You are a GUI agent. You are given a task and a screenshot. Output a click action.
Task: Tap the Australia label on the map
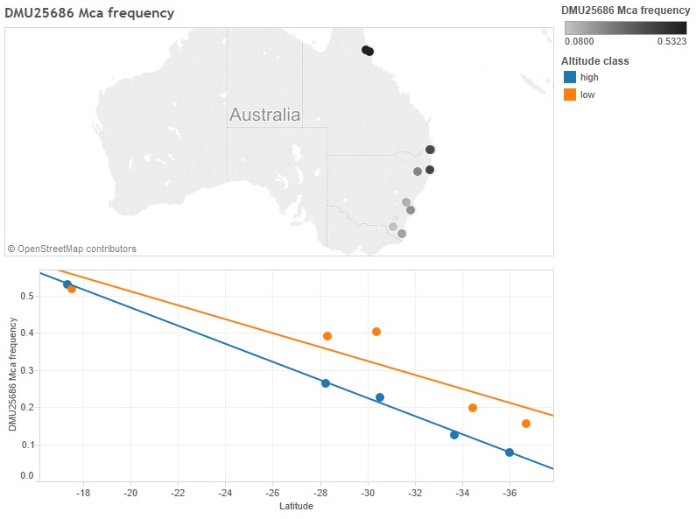(x=264, y=115)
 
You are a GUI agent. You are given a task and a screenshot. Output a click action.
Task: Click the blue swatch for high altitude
(x=569, y=78)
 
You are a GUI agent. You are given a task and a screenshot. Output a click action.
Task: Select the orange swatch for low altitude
(x=569, y=95)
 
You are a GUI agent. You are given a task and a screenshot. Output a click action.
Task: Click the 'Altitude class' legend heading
(x=595, y=61)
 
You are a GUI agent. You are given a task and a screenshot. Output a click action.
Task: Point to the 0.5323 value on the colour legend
(x=671, y=40)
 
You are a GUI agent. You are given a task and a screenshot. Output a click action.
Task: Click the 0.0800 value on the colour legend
(x=579, y=40)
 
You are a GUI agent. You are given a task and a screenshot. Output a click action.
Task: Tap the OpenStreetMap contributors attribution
(x=72, y=249)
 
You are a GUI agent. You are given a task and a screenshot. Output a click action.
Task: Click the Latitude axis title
(x=296, y=506)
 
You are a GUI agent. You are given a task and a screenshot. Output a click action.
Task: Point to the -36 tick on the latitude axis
(x=509, y=493)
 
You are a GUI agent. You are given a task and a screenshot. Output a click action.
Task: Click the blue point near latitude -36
(x=510, y=452)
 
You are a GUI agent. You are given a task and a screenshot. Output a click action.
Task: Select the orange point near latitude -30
(x=376, y=332)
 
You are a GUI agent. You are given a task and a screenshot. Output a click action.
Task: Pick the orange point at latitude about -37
(x=526, y=424)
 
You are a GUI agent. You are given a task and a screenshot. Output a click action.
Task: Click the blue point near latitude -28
(x=326, y=383)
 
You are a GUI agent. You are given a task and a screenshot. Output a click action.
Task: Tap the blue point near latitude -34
(x=454, y=435)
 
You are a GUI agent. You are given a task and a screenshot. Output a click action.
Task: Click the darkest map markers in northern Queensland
(x=368, y=51)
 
